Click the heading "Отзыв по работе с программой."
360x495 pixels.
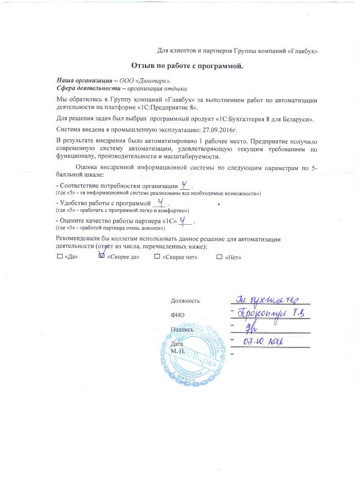coord(186,66)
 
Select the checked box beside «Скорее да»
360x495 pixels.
coord(101,256)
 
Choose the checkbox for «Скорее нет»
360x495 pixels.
coord(157,256)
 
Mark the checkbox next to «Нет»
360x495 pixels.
coord(220,256)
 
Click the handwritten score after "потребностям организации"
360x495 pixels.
coord(185,185)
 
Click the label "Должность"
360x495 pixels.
coord(185,301)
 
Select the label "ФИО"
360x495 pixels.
coord(176,315)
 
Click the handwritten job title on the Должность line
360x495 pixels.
coord(267,299)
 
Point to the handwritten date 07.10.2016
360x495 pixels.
coord(264,341)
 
